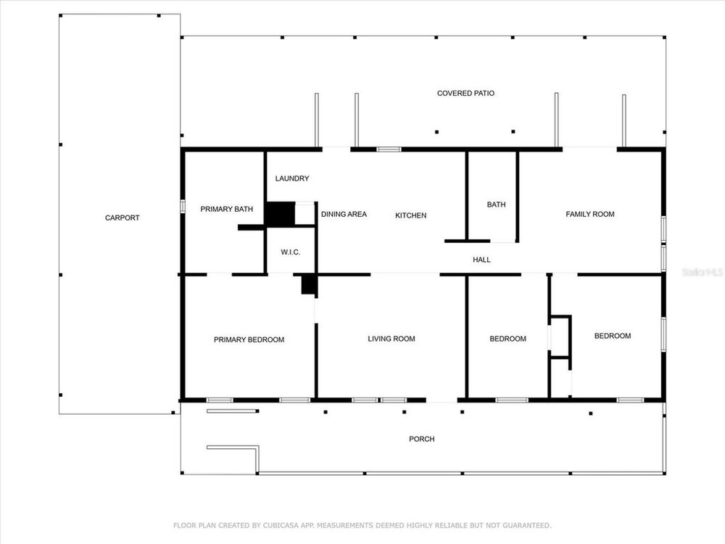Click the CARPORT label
(x=122, y=218)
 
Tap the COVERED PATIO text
(x=465, y=94)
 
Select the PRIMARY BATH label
(x=226, y=209)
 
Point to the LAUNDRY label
(x=292, y=178)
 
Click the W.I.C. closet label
(x=291, y=252)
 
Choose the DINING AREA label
(x=344, y=214)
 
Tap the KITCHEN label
(x=410, y=215)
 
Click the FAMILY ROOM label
(x=590, y=214)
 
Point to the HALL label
(x=481, y=260)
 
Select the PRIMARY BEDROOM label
(x=249, y=340)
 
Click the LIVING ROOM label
(x=391, y=339)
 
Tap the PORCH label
(x=422, y=439)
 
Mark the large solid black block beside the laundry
(x=280, y=214)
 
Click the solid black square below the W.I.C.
(x=309, y=285)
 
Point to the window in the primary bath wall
(x=183, y=206)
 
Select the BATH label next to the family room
(x=496, y=205)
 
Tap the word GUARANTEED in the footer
(x=526, y=525)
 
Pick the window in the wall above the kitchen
(x=389, y=149)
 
